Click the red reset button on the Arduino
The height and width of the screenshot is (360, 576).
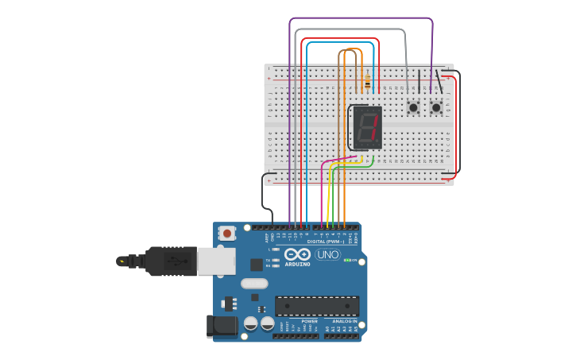[228, 234]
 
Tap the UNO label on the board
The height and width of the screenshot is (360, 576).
[327, 255]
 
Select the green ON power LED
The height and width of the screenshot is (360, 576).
[346, 260]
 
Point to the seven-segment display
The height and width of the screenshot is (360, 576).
[366, 127]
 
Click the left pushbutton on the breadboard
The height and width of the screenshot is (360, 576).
[413, 107]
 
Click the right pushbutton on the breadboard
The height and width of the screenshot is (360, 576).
[436, 106]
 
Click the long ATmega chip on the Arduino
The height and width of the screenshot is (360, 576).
[316, 305]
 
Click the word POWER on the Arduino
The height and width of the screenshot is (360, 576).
[309, 321]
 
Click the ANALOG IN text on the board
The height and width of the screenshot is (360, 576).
[344, 321]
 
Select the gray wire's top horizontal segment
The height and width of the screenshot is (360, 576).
[350, 30]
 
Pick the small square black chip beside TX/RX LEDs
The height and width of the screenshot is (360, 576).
[257, 265]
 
